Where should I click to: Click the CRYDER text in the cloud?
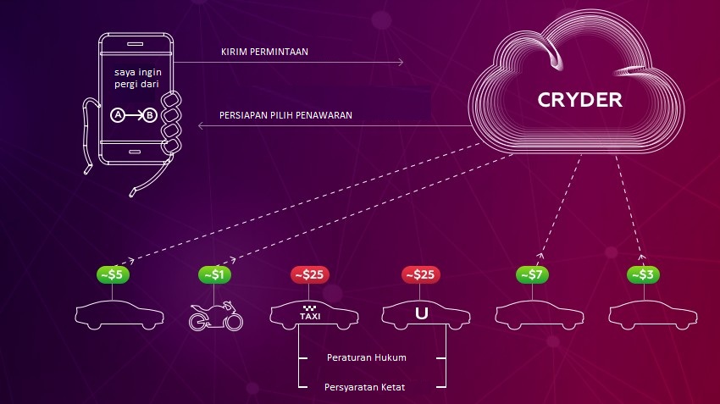click(x=579, y=100)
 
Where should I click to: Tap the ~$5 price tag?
click(x=113, y=274)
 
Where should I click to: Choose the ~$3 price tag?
click(x=644, y=274)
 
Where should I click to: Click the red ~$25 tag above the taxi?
click(x=310, y=274)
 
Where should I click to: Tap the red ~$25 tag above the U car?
click(x=420, y=274)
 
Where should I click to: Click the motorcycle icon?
click(x=215, y=316)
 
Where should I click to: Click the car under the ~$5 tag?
click(x=113, y=315)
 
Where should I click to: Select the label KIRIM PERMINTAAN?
click(x=264, y=52)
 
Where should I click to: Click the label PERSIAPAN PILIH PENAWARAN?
click(x=287, y=114)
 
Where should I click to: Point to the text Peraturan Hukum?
click(x=367, y=357)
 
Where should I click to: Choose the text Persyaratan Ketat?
click(x=366, y=387)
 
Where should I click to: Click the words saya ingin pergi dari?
click(x=136, y=79)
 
